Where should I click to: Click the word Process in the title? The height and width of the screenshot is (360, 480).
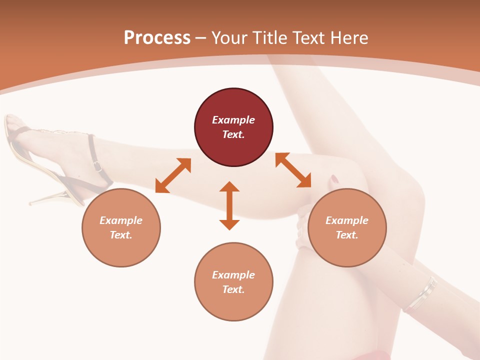157,38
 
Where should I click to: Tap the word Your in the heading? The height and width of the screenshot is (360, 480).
230,38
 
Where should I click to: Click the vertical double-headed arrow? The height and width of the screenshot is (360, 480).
229,205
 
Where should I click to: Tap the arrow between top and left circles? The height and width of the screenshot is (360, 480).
173,175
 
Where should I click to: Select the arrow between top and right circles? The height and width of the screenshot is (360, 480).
293,170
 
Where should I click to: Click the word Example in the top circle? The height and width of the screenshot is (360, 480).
233,120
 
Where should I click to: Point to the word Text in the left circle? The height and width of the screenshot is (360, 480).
120,235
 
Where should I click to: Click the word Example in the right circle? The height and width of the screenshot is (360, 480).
347,220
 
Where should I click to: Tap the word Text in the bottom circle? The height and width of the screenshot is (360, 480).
233,289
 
